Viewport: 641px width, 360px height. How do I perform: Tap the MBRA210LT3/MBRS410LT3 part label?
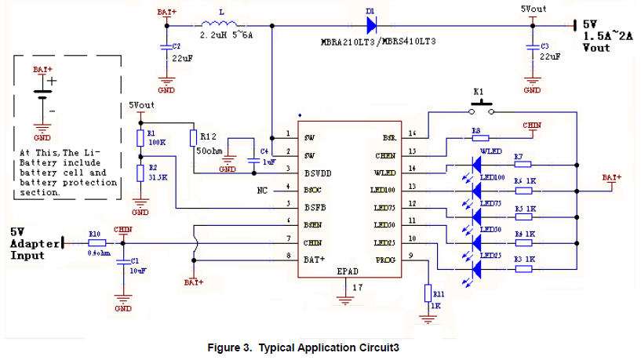378,39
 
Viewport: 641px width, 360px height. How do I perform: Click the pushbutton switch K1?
480,108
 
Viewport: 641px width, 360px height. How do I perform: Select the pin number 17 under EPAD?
358,289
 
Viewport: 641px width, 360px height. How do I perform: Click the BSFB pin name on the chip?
314,207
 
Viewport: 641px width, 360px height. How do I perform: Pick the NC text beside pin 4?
263,190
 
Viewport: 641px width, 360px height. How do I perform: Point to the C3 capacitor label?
545,46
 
